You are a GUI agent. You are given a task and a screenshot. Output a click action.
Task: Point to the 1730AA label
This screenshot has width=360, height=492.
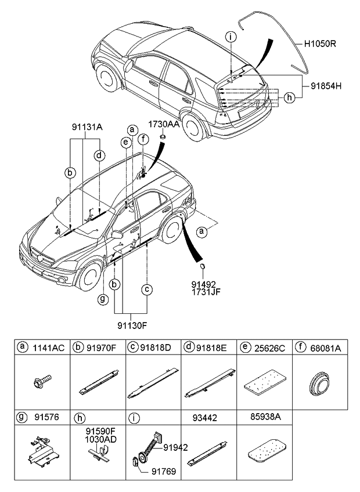click(x=163, y=124)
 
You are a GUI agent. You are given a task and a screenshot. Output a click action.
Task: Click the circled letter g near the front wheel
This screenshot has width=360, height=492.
click(x=103, y=299)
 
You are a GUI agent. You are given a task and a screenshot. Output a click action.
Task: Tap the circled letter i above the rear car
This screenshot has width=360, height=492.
click(x=231, y=37)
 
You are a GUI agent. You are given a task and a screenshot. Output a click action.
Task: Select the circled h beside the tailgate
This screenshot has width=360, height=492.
click(x=289, y=97)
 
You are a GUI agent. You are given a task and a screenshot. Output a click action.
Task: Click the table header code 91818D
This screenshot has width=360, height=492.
click(x=157, y=348)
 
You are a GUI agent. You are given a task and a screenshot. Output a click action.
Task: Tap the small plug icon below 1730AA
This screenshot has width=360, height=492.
click(x=163, y=136)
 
